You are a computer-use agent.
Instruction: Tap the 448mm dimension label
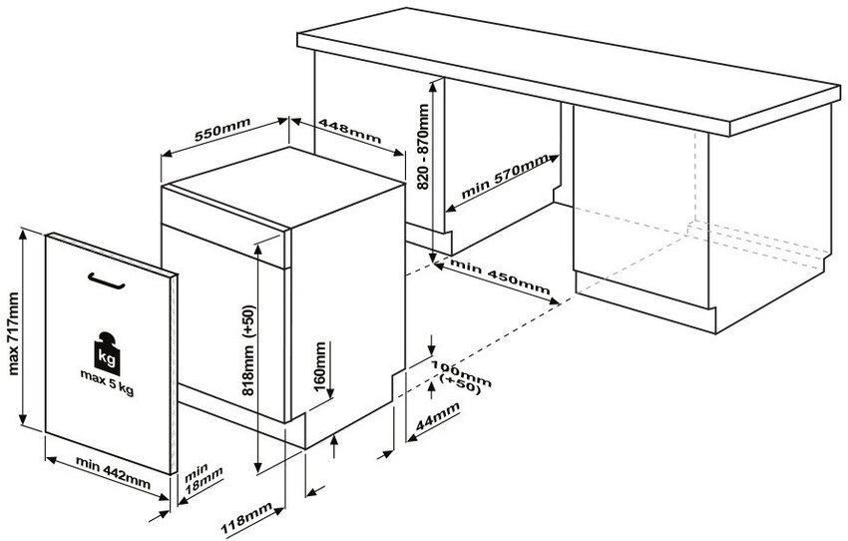click(x=348, y=134)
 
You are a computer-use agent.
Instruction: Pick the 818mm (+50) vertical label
click(x=247, y=349)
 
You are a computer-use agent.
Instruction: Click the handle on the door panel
click(x=109, y=282)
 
